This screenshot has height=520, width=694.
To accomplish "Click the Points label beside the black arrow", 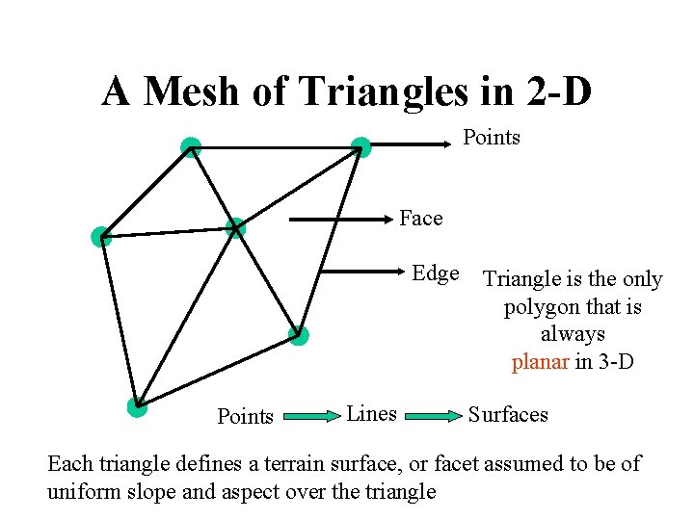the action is click(491, 138).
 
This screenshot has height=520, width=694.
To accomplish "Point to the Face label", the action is click(421, 219).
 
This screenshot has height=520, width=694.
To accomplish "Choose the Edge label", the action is click(436, 273).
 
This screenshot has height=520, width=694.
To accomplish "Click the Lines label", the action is click(371, 414).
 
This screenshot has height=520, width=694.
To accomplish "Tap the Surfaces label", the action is click(508, 415).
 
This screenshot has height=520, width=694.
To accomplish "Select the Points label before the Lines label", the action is click(246, 417).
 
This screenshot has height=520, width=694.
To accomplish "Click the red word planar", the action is click(540, 363).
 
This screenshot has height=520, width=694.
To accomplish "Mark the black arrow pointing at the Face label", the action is click(337, 220).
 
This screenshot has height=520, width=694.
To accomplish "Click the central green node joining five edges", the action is click(235, 228).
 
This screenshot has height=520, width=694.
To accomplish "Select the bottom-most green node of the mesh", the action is click(137, 406).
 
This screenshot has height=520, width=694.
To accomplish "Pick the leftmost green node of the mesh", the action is click(101, 236).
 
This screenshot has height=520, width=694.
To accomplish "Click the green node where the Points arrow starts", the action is click(360, 147).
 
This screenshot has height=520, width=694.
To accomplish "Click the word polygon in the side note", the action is click(540, 307).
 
